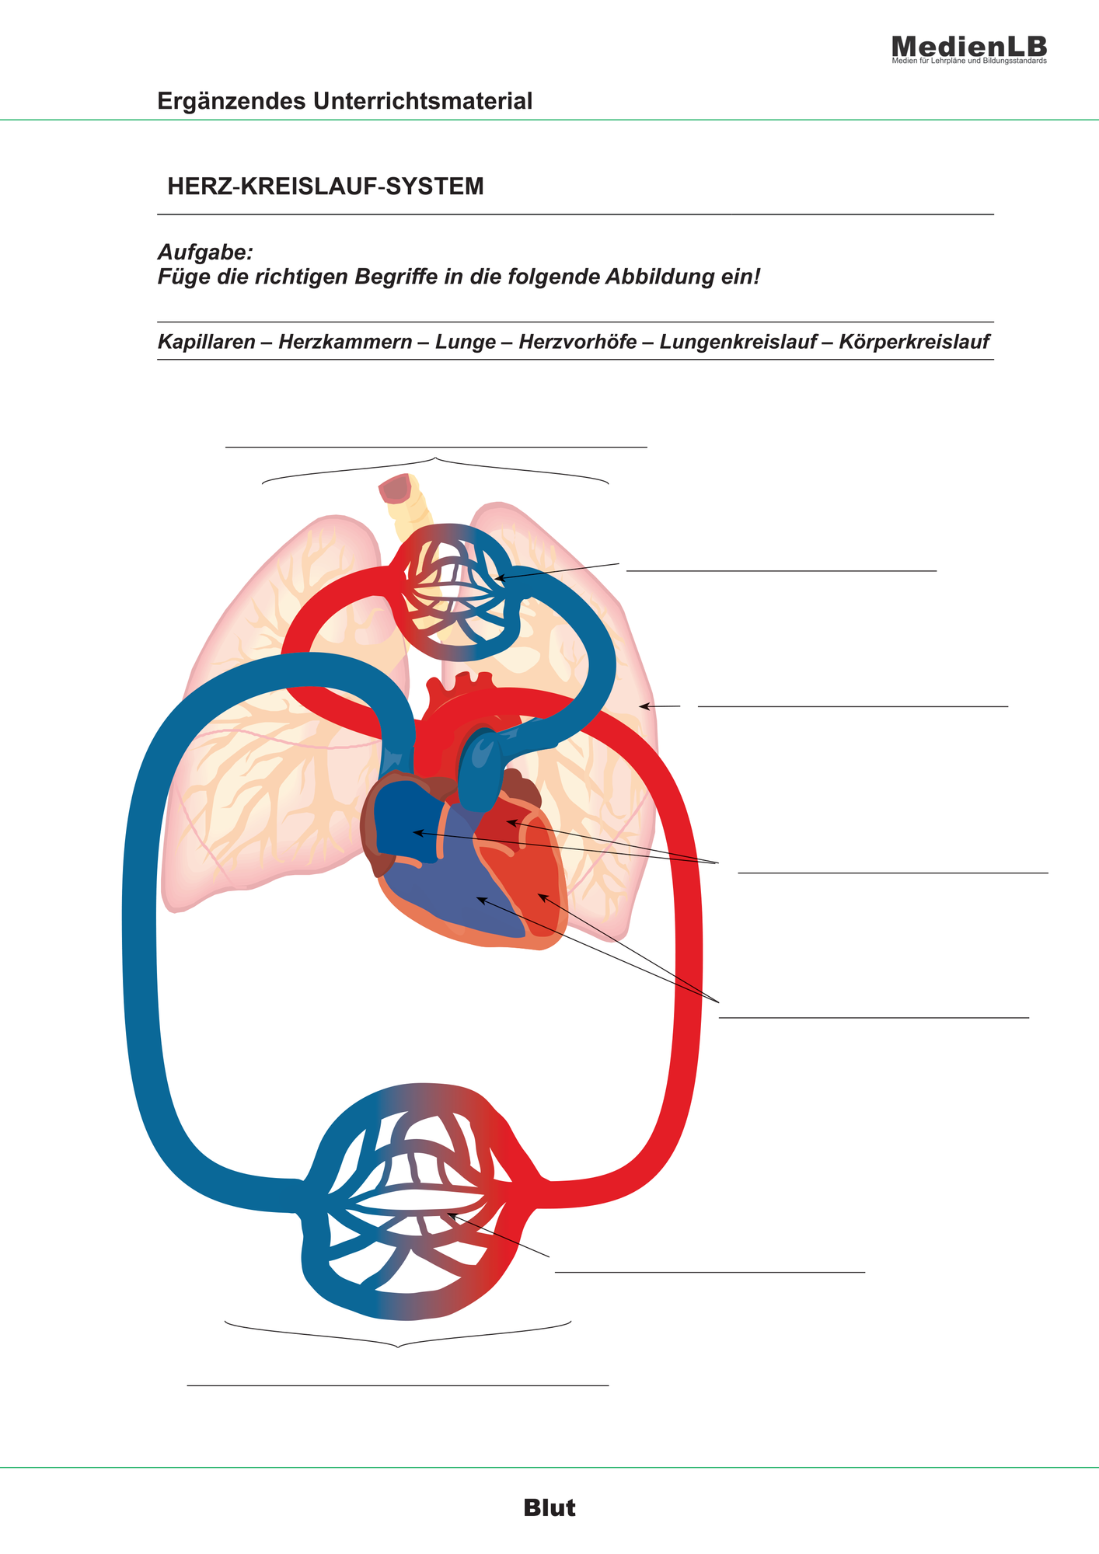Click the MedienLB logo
pyautogui.click(x=969, y=49)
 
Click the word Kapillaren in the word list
pyautogui.click(x=207, y=342)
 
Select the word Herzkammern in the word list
pyautogui.click(x=345, y=342)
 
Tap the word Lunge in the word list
pyautogui.click(x=466, y=343)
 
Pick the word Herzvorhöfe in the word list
pyautogui.click(x=577, y=342)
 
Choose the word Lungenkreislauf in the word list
pyautogui.click(x=738, y=343)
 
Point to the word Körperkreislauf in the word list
pyautogui.click(x=914, y=343)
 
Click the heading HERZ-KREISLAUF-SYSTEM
pyautogui.click(x=326, y=186)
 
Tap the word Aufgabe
pyautogui.click(x=205, y=253)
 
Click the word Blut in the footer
pyautogui.click(x=549, y=1508)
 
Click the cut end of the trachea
pyautogui.click(x=396, y=488)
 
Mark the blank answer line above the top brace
pyautogui.click(x=436, y=447)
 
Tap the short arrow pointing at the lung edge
pyautogui.click(x=660, y=706)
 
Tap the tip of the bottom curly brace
pyautogui.click(x=398, y=1347)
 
